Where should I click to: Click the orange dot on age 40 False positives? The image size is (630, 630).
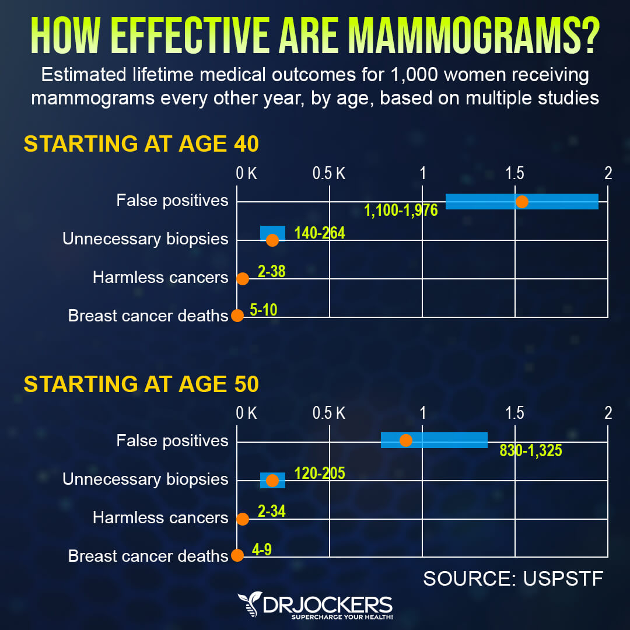point(522,202)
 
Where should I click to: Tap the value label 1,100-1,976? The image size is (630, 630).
point(401,211)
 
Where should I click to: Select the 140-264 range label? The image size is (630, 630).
point(320,233)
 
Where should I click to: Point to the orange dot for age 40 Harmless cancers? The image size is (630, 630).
point(243,279)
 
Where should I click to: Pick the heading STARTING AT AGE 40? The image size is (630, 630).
point(141,143)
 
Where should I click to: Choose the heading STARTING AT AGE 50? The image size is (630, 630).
point(141,384)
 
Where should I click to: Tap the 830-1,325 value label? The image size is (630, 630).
point(531,450)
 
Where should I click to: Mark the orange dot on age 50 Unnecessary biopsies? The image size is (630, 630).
point(272,481)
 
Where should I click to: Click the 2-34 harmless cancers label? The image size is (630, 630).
point(271,512)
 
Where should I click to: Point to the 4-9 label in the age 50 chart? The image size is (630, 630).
point(262,549)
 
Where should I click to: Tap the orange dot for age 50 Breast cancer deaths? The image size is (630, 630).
point(237,555)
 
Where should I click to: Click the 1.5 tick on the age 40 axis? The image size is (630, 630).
point(514,173)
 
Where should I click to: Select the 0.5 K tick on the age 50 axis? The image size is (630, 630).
point(329,414)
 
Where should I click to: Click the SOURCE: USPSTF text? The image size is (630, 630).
point(512,579)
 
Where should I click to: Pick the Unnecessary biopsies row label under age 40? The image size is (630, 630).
point(145,239)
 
